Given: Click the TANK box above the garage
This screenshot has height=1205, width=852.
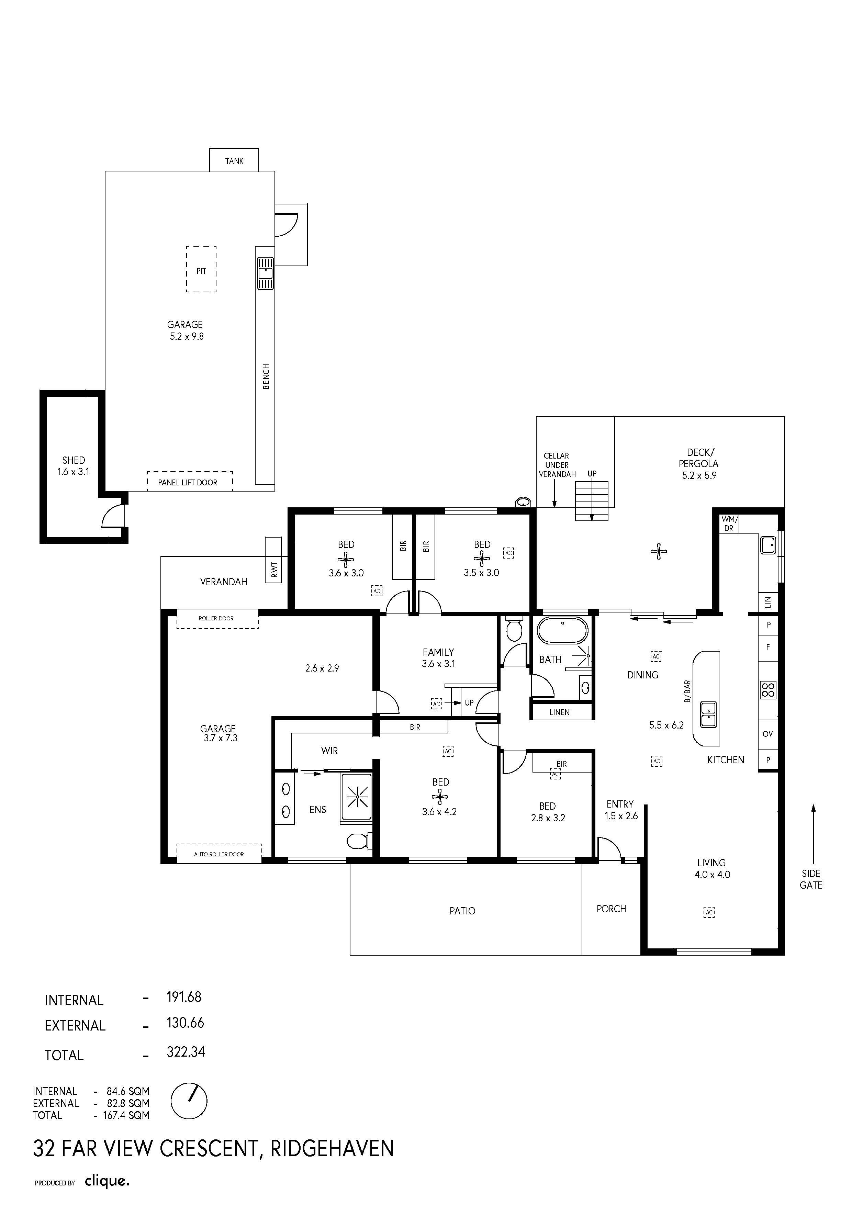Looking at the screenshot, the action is [x=234, y=159].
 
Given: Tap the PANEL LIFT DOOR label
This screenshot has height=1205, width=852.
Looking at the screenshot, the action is [x=188, y=482].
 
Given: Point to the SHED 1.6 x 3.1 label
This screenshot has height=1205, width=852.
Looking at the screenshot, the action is [x=74, y=465].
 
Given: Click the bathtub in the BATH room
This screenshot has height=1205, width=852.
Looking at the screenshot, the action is [x=563, y=630].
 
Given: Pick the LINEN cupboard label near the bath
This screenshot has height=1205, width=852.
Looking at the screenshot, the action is [x=560, y=712].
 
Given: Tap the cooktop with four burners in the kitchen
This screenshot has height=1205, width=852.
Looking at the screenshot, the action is [x=768, y=690].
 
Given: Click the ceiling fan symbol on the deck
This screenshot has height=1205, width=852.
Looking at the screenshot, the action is [x=658, y=551].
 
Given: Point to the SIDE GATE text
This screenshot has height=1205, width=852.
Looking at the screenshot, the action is [x=811, y=879].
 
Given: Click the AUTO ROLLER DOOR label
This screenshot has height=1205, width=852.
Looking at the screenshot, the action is [x=219, y=854].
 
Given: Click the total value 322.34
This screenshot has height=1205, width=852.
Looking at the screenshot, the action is [x=186, y=1052].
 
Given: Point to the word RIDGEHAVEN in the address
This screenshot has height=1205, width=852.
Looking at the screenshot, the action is [x=332, y=1148].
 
